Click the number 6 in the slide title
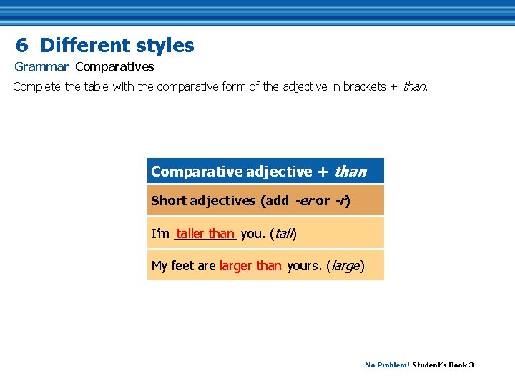pos(22,46)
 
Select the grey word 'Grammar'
pos(41,67)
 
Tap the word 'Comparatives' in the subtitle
pos(114,67)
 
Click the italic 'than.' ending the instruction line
pos(416,87)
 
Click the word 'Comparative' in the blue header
pos(195,172)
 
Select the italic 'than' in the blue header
pos(350,172)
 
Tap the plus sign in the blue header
pos(323,172)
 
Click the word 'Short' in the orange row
pos(168,201)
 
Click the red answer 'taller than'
pos(205,233)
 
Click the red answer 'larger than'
pos(250,266)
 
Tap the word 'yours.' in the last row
pos(304,266)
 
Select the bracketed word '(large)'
pos(345,267)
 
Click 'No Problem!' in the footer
pos(387,365)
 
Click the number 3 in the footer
pos(471,365)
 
